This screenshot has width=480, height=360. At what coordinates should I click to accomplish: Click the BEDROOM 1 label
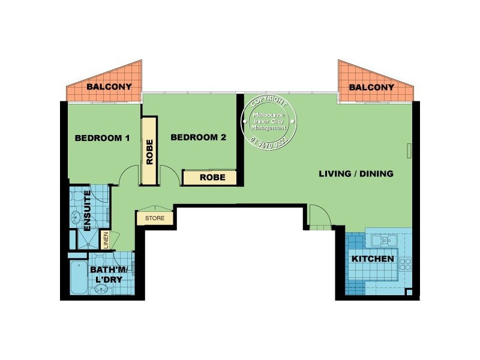(x=102, y=138)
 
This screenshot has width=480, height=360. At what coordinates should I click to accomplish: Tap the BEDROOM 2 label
(x=198, y=137)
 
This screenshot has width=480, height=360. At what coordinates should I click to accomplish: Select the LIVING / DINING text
(x=356, y=174)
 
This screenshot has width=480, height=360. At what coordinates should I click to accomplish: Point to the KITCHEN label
(x=373, y=259)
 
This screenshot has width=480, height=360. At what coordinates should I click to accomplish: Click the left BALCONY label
(x=109, y=87)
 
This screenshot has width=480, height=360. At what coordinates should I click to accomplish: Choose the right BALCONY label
(x=371, y=87)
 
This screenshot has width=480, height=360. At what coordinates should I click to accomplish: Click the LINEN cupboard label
(x=106, y=240)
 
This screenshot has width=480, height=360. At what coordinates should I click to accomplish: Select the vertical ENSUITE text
(x=88, y=211)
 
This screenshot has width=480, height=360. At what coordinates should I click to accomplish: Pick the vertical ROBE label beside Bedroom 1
(x=149, y=152)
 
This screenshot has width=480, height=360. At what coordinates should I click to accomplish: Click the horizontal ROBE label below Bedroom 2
(x=212, y=178)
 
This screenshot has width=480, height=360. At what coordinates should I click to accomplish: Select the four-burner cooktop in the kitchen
(x=405, y=263)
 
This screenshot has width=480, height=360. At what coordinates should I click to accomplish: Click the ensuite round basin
(x=77, y=218)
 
